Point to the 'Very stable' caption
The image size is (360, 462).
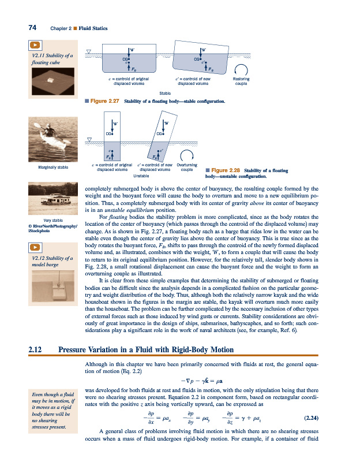tap(52, 221)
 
